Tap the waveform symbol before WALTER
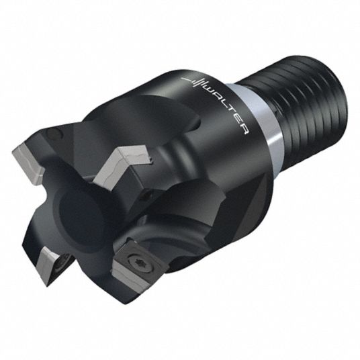195,82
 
